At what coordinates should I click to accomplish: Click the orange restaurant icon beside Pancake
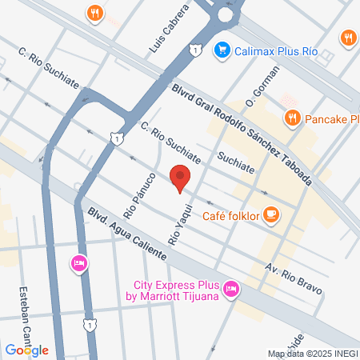[292, 118]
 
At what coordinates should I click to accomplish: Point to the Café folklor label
[232, 215]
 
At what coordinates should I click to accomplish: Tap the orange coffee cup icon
[272, 214]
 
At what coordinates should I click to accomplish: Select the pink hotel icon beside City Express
[230, 288]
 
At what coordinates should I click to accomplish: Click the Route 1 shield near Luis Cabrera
[195, 50]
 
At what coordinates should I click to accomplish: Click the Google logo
[26, 350]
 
